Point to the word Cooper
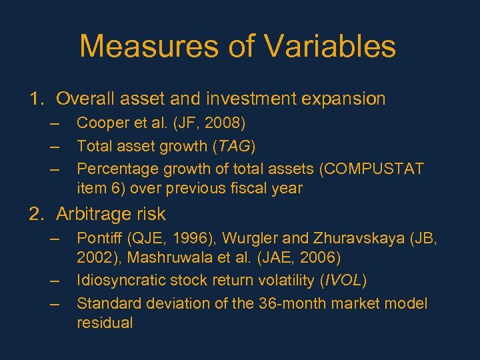tap(103, 123)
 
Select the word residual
tap(105, 323)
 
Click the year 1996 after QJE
tap(187, 237)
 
